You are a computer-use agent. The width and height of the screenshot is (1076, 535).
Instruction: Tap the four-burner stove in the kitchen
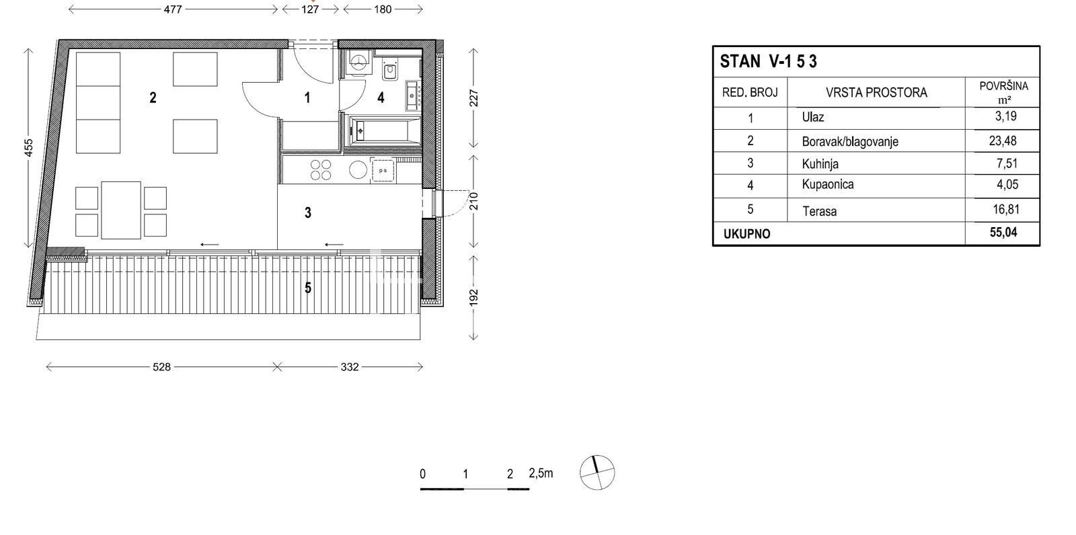point(321,170)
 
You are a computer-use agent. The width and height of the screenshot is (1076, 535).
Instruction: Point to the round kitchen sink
point(358,170)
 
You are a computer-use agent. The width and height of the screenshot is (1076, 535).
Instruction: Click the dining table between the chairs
point(121,210)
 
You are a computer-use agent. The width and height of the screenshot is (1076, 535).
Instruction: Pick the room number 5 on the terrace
point(308,288)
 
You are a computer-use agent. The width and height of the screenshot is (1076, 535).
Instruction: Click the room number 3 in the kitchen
point(308,212)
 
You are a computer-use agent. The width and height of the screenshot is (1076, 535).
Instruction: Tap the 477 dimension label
point(173,9)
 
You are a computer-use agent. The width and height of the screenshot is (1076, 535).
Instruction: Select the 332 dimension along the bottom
point(350,367)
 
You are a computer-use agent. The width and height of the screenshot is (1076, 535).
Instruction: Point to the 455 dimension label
point(29,147)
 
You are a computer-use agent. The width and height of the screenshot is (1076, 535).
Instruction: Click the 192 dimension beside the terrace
point(473,297)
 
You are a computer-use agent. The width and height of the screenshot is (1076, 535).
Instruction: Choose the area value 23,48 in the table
point(1003,140)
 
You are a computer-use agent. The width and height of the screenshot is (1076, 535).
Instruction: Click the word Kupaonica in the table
point(828,184)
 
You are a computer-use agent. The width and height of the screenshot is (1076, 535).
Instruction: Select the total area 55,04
point(1003,233)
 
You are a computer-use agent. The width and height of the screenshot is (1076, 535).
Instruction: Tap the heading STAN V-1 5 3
point(768,61)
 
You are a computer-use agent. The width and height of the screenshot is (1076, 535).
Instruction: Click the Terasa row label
point(820,211)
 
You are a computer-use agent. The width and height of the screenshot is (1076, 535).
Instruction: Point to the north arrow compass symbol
point(597,472)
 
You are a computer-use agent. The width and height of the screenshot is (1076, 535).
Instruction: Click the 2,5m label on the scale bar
point(541,473)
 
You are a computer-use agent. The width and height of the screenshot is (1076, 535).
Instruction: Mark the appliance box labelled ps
point(383,171)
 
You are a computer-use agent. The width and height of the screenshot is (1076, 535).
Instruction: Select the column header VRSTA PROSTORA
point(877,93)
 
